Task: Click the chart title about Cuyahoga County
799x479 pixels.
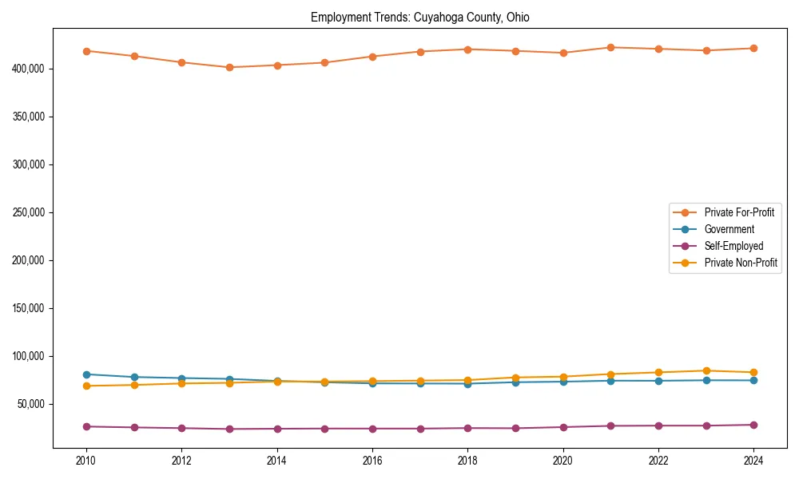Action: point(420,17)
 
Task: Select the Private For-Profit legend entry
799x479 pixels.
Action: point(739,212)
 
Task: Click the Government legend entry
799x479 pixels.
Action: point(729,229)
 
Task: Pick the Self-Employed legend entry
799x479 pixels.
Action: point(733,246)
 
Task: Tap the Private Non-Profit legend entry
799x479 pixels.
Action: point(741,263)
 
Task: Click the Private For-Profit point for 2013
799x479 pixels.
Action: point(229,67)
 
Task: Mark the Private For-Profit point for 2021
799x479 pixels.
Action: point(610,47)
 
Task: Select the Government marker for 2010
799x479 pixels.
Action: point(86,374)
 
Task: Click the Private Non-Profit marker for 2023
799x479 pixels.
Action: point(706,370)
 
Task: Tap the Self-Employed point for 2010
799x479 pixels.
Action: point(86,426)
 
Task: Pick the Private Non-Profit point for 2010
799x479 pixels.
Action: point(86,386)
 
